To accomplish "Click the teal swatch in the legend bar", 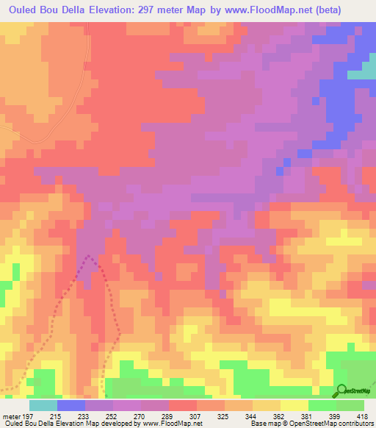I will pyautogui.click(x=43, y=405).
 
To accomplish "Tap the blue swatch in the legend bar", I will pyautogui.click(x=70, y=405).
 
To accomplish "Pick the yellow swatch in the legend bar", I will pyautogui.click(x=294, y=405).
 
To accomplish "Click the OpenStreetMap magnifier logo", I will pyautogui.click(x=342, y=390).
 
